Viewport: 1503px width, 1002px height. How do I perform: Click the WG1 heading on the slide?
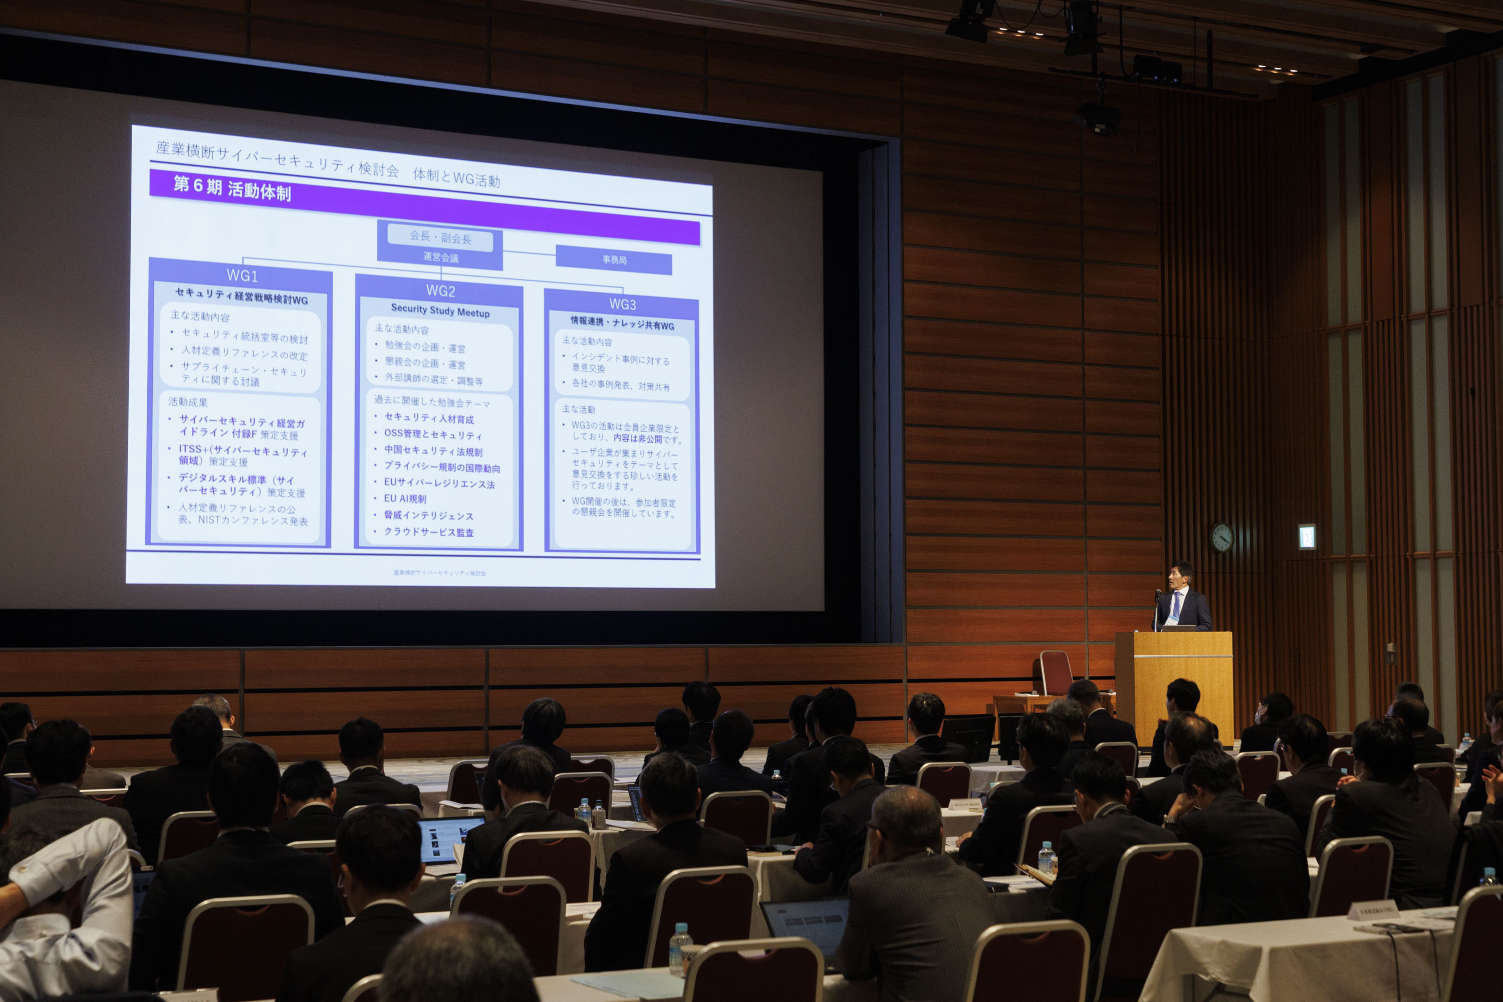pyautogui.click(x=242, y=276)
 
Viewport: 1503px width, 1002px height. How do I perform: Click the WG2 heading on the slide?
pyautogui.click(x=440, y=291)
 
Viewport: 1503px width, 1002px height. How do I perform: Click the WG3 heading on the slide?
pyautogui.click(x=622, y=304)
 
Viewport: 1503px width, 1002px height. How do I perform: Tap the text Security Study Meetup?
pyautogui.click(x=440, y=311)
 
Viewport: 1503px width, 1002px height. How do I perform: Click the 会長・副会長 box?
pyautogui.click(x=440, y=237)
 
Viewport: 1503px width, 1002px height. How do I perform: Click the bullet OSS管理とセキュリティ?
pyautogui.click(x=433, y=434)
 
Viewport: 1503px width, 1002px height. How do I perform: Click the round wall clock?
pyautogui.click(x=1222, y=538)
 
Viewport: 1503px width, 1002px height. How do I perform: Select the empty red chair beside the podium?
pyautogui.click(x=1056, y=673)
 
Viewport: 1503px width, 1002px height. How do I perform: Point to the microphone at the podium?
pyautogui.click(x=1158, y=596)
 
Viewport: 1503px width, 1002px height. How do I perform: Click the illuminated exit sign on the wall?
pyautogui.click(x=1306, y=537)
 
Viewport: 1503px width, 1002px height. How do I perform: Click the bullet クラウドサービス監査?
pyautogui.click(x=428, y=532)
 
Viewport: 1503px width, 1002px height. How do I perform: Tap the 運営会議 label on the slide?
pyautogui.click(x=440, y=258)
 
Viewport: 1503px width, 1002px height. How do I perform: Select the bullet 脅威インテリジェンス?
pyautogui.click(x=428, y=515)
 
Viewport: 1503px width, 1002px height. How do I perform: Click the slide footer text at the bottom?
pyautogui.click(x=440, y=573)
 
